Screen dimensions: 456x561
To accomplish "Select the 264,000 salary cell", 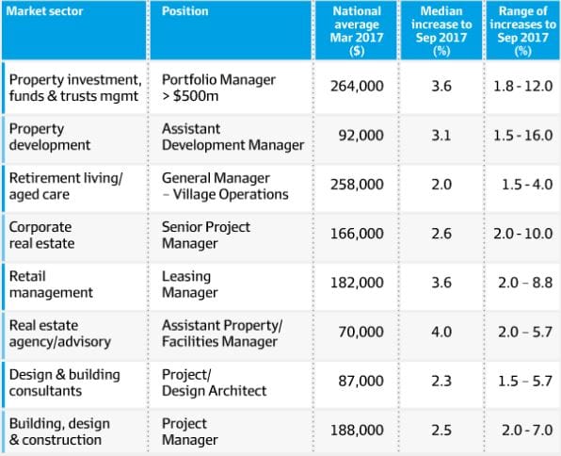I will (x=357, y=86).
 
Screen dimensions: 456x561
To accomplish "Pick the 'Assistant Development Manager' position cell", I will (x=232, y=136).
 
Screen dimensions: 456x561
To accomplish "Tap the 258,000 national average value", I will (x=357, y=186).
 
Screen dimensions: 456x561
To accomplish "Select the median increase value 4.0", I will (x=441, y=333).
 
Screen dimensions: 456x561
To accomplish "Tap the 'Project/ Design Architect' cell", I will (x=214, y=383).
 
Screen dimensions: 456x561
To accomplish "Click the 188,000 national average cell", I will (x=357, y=431).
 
